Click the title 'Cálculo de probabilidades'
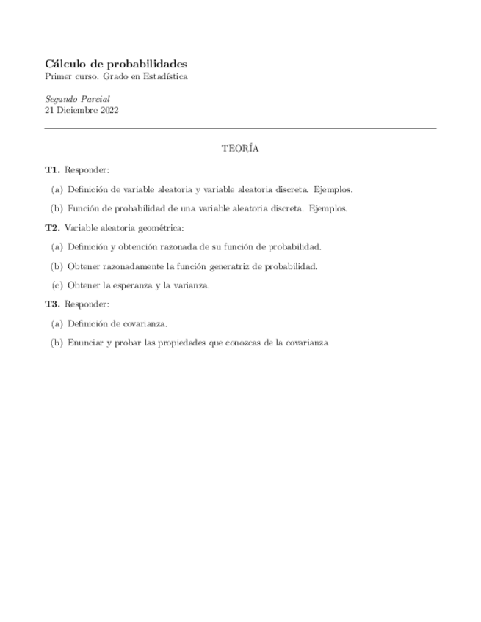coord(116,64)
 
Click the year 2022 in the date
coord(108,111)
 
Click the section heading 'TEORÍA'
coord(240,149)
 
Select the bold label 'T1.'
coord(52,169)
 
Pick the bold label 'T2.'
coord(52,227)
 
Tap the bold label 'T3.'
coord(52,304)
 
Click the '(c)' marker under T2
coord(57,285)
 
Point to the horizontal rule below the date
coord(240,128)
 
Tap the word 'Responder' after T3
coord(87,304)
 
